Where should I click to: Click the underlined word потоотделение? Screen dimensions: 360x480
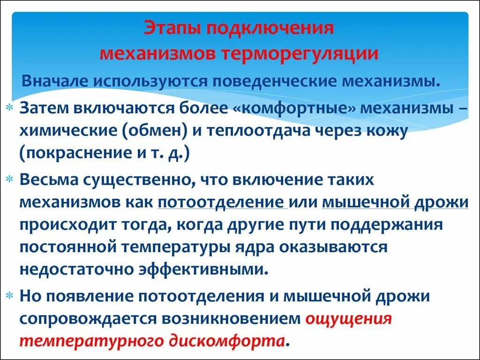coord(223,202)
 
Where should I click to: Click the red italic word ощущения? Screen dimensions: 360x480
coord(348,318)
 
